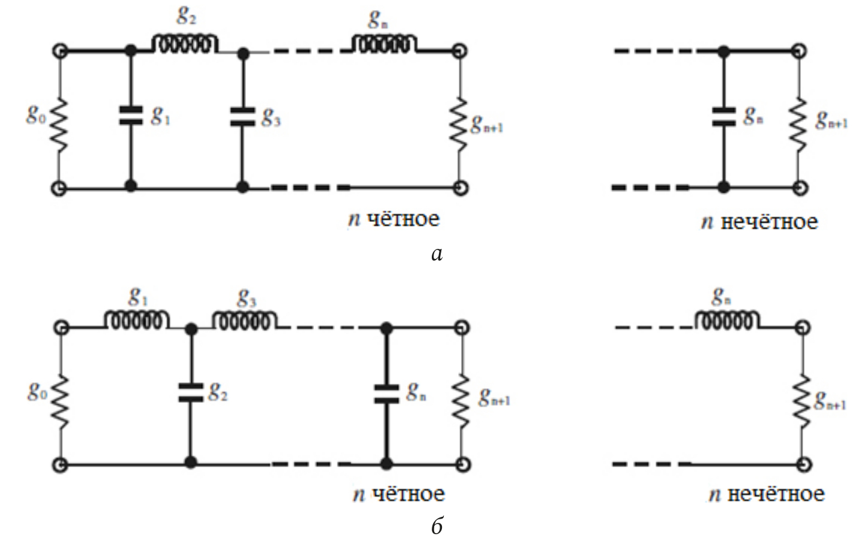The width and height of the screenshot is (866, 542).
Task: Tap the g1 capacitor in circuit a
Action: point(131,116)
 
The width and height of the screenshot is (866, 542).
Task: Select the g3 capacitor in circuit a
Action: point(242,116)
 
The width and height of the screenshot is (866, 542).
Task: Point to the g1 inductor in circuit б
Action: point(137,321)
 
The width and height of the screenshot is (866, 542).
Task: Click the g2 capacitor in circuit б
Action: point(191,393)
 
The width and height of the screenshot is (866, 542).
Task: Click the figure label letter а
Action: point(437,255)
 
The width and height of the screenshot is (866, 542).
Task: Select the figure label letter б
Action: point(437,526)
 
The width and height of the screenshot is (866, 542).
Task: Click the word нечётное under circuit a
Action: point(769,222)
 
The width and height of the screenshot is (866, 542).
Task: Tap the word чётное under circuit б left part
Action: point(408,494)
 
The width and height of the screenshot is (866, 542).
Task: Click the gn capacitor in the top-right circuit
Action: point(724,116)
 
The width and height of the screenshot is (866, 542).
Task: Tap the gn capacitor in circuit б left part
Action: point(387,393)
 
